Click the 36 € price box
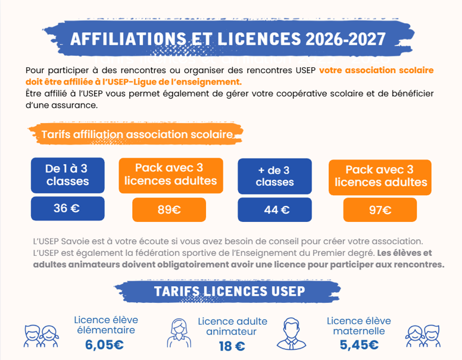point(67,208)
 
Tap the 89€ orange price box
point(169,209)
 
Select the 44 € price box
point(274,209)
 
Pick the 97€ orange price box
point(380,210)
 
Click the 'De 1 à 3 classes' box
point(67,176)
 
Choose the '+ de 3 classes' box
point(274,176)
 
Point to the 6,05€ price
point(104,345)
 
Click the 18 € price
point(232,346)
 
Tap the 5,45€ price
point(359,345)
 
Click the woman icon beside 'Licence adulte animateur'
point(179,333)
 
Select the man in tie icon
point(291,333)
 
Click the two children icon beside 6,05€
point(41,336)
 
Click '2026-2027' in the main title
point(346,39)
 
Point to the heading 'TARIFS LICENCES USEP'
point(230,292)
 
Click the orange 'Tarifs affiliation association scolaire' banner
point(136,134)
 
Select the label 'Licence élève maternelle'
point(359,326)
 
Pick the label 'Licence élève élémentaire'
point(106,325)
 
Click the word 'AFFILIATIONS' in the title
point(129,39)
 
